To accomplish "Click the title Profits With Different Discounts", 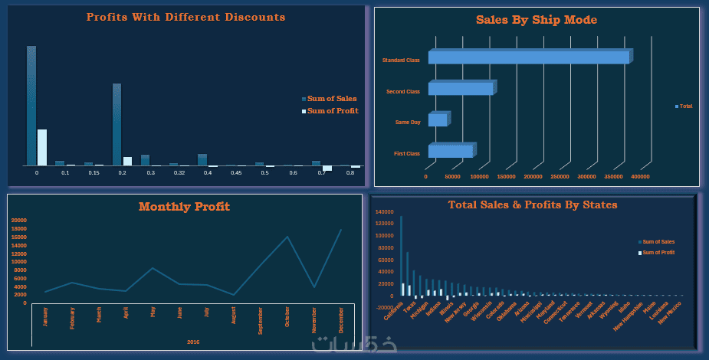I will (x=185, y=17).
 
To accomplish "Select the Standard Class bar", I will (x=529, y=57).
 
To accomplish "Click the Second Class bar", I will (x=460, y=89).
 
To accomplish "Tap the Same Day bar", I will (x=438, y=120).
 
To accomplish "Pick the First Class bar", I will (x=451, y=152).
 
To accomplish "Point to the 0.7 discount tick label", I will (x=321, y=174).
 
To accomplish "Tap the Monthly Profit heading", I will (x=184, y=207).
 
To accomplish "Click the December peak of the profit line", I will (x=341, y=230).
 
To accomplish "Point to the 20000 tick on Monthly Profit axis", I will (x=19, y=221).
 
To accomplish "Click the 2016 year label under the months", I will (x=193, y=342).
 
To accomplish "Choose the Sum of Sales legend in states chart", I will (x=658, y=242).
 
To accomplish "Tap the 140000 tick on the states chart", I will (x=384, y=212).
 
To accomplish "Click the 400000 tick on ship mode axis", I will (x=640, y=177).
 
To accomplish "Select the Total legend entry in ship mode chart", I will (x=685, y=106).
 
